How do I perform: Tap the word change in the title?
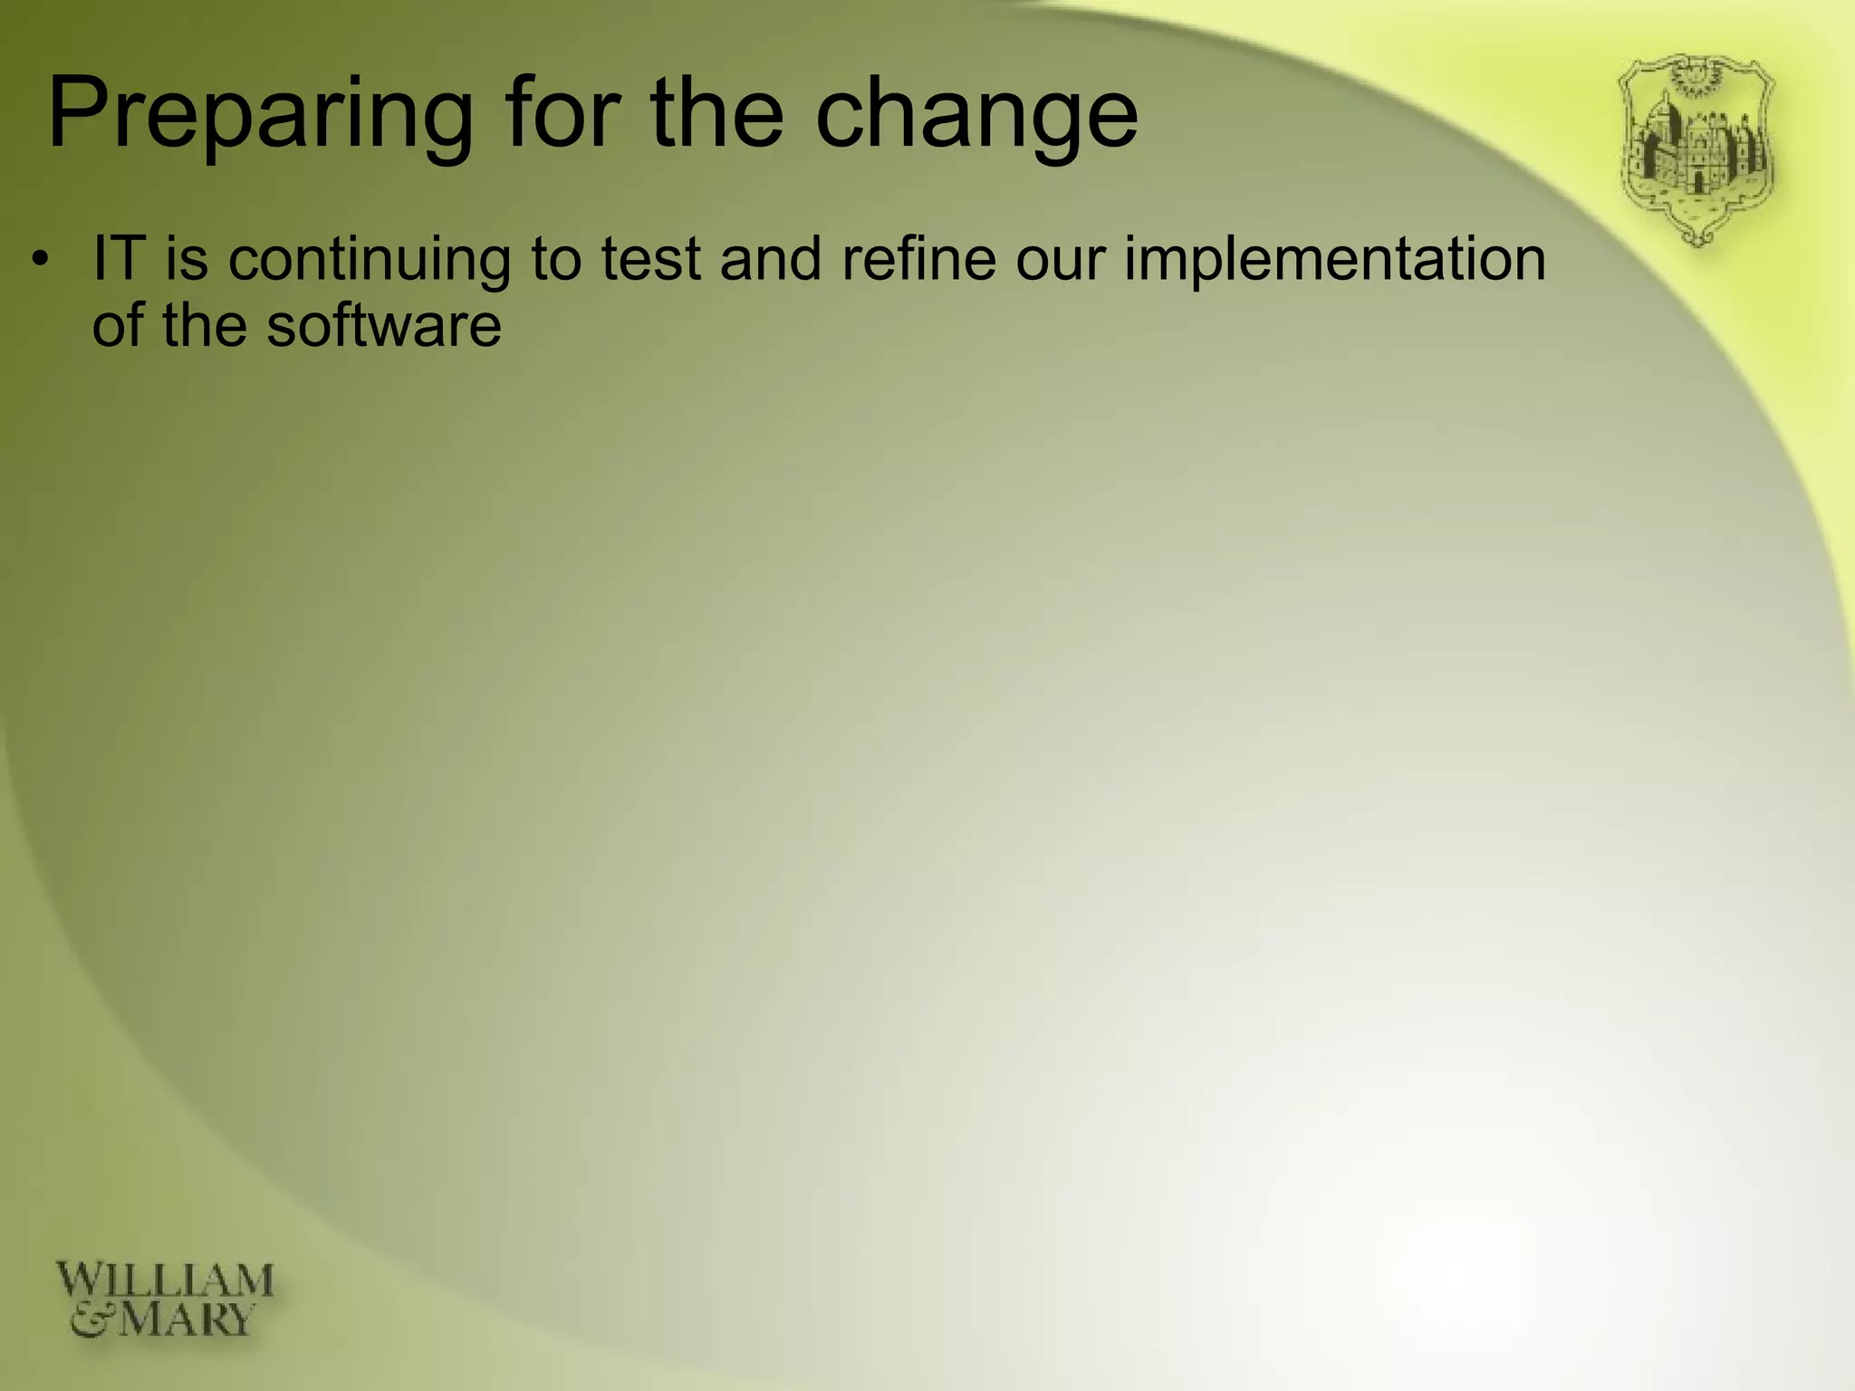[x=976, y=116]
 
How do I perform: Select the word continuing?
[x=370, y=261]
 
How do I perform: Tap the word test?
[x=651, y=259]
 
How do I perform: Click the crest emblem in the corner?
[x=1696, y=150]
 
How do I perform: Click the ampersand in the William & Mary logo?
[x=91, y=1320]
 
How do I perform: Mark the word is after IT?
[x=187, y=259]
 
